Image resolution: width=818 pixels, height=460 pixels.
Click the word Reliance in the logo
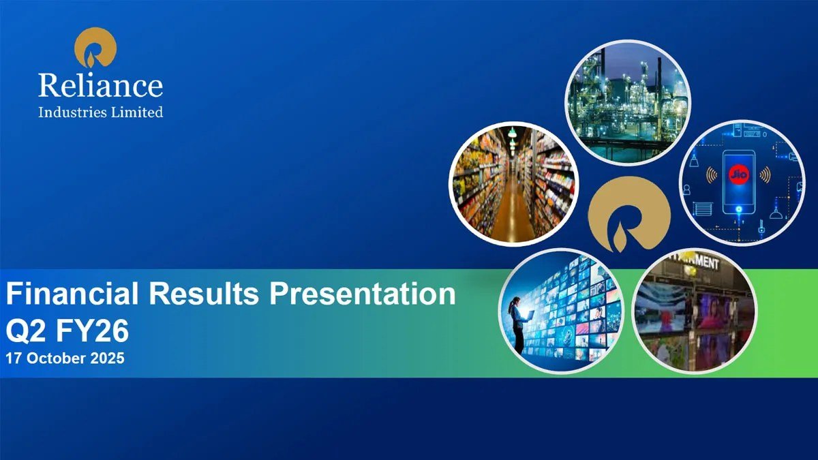click(100, 85)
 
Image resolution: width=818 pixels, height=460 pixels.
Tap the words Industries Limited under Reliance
click(101, 112)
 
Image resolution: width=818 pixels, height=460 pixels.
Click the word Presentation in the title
click(363, 294)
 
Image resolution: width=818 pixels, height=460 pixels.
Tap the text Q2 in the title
click(24, 331)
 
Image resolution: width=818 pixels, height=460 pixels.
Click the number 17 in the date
click(13, 358)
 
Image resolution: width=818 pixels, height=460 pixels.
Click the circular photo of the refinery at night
click(628, 102)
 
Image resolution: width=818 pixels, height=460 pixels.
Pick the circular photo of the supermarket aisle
click(513, 184)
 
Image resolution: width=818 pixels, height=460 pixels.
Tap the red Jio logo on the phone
click(738, 174)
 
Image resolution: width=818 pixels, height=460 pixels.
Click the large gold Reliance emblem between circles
click(629, 215)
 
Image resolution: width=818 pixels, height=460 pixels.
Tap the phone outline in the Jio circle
click(738, 183)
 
